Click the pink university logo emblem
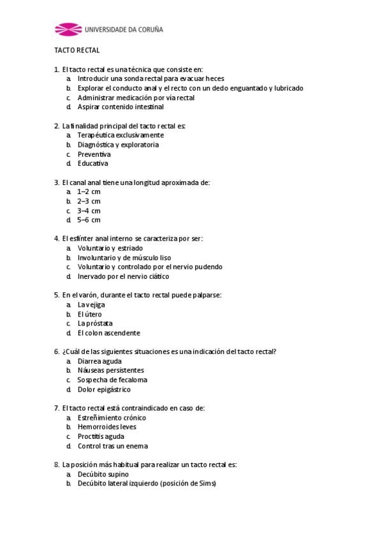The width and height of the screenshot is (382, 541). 68,29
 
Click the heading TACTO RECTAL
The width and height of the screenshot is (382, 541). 77,50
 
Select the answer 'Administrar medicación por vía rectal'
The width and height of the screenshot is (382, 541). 136,98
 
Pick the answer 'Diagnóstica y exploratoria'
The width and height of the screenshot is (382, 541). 118,145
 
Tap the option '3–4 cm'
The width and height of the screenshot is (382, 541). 89,211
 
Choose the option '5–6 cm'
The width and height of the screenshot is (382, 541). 89,220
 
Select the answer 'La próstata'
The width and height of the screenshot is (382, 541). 95,323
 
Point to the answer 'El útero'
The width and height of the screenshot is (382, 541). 90,314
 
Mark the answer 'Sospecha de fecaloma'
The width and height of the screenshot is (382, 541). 112,380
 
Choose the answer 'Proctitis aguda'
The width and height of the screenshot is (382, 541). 101,436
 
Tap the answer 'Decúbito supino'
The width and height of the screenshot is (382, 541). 103,474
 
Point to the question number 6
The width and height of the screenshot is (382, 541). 57,352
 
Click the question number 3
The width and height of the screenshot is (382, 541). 57,182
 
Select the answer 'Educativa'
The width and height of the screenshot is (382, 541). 92,163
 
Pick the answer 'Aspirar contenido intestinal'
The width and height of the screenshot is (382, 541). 121,107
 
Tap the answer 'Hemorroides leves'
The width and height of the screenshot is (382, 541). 107,427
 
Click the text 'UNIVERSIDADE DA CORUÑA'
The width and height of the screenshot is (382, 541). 124,29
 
